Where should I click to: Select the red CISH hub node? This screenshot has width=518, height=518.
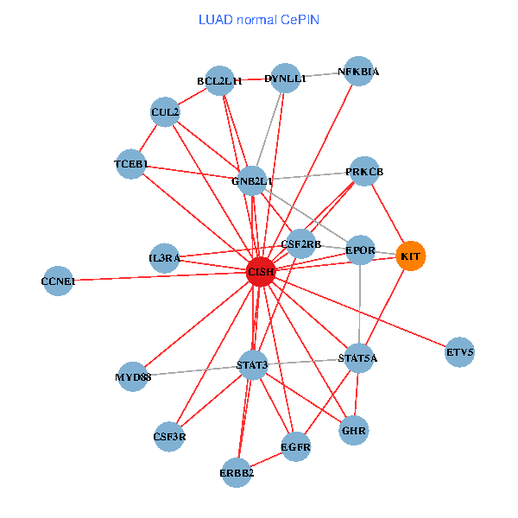pyautogui.click(x=260, y=271)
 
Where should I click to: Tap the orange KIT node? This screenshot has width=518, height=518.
pyautogui.click(x=411, y=256)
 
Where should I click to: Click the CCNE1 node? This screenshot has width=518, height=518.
pyautogui.click(x=58, y=281)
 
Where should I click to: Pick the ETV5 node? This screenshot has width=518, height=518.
pyautogui.click(x=460, y=352)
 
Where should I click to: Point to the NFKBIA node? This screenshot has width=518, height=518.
pyautogui.click(x=358, y=72)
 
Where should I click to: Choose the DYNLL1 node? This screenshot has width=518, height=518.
pyautogui.click(x=285, y=79)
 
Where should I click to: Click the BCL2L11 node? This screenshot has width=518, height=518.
pyautogui.click(x=220, y=81)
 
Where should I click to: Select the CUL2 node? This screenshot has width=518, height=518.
pyautogui.click(x=165, y=112)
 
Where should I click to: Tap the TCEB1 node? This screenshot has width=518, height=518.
pyautogui.click(x=131, y=164)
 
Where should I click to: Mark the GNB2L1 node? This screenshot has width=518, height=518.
pyautogui.click(x=252, y=181)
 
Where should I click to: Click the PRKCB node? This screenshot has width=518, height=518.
pyautogui.click(x=363, y=173)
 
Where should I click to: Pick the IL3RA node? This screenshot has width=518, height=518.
pyautogui.click(x=164, y=258)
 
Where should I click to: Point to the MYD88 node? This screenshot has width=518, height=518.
pyautogui.click(x=133, y=377)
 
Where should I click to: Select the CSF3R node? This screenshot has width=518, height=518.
pyautogui.click(x=169, y=436)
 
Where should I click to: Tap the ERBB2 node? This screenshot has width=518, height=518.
pyautogui.click(x=237, y=472)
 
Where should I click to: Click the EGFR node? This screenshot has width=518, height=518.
pyautogui.click(x=295, y=447)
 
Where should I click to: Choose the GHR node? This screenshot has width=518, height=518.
pyautogui.click(x=354, y=430)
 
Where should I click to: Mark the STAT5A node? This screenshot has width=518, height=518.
pyautogui.click(x=358, y=357)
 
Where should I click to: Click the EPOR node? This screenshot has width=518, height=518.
pyautogui.click(x=360, y=251)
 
